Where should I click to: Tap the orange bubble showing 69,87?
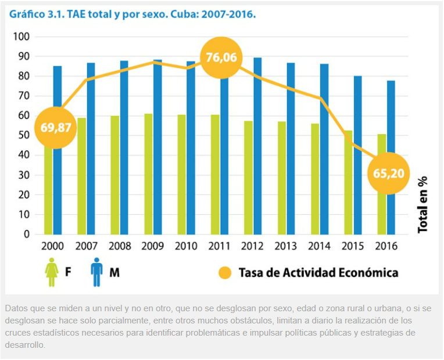point(56,127)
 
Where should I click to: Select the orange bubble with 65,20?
point(389,172)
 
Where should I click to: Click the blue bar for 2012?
point(257,145)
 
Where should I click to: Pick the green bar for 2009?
point(149,174)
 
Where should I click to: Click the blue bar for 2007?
point(91,148)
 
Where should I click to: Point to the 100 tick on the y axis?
point(22,37)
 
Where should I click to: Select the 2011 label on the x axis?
point(220,246)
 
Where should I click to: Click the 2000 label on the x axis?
point(53,246)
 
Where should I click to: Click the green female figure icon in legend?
point(52,272)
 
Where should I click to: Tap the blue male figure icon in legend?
point(96,272)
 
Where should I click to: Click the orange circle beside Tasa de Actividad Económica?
point(224,272)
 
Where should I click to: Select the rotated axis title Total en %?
point(422,204)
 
